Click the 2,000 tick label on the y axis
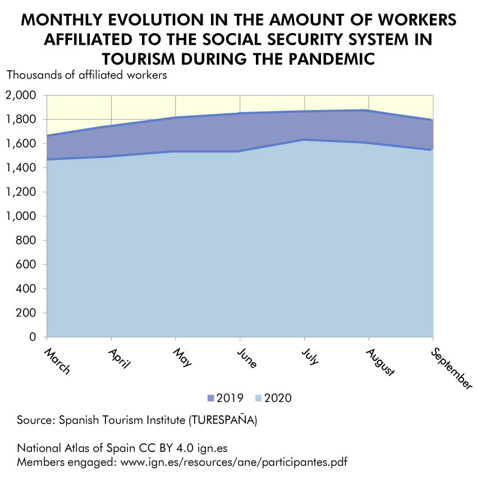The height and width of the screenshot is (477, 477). point(21,95)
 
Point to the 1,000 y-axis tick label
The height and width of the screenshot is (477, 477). point(21,216)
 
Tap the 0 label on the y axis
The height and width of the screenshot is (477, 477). point(33,337)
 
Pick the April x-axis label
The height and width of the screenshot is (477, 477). point(119,357)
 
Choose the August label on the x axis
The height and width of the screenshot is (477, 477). point(380,362)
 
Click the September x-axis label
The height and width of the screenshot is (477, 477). point(451,368)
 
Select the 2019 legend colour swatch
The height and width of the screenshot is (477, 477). point(211,398)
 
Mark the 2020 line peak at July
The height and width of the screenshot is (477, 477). point(304,140)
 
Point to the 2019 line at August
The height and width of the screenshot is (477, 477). point(368,111)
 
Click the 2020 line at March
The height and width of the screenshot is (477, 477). point(48,159)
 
